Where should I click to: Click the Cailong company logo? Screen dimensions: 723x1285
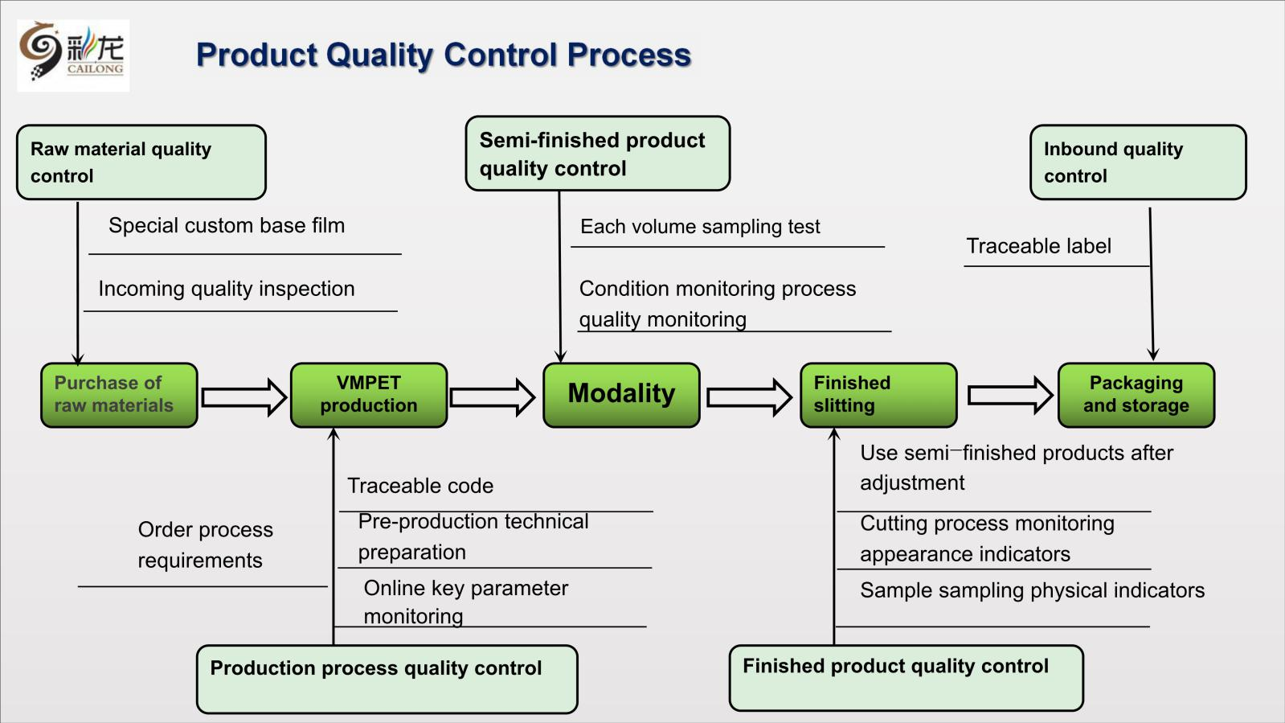click(x=72, y=55)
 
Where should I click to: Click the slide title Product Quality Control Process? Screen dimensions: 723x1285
click(x=443, y=55)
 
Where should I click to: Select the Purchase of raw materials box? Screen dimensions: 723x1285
click(x=119, y=395)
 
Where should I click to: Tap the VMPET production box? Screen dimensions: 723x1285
click(x=369, y=395)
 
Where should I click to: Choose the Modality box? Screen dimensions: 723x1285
click(x=621, y=395)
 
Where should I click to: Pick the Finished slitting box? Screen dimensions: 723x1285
click(x=878, y=395)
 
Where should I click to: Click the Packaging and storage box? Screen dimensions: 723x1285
click(x=1136, y=395)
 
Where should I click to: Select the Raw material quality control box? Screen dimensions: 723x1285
click(x=141, y=162)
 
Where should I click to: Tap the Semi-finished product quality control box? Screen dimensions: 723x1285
click(x=597, y=154)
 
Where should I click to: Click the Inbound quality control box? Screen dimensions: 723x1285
click(x=1137, y=162)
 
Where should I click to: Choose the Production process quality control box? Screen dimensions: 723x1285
click(x=387, y=679)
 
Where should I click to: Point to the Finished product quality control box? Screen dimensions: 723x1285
click(x=906, y=677)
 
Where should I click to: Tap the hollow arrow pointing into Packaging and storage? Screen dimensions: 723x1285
click(x=1009, y=395)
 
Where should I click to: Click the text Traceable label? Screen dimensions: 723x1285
click(x=1038, y=246)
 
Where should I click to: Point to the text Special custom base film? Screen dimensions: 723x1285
click(x=227, y=226)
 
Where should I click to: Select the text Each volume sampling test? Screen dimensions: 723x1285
click(x=700, y=227)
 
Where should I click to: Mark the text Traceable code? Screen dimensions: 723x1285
click(x=420, y=486)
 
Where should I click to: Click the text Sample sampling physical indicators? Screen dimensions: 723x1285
click(x=1032, y=590)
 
